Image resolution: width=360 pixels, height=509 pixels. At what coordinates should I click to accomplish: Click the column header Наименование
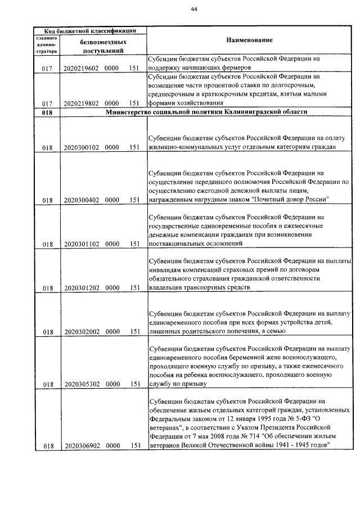click(249, 41)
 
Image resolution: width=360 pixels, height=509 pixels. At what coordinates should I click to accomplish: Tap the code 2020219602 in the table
click(82, 69)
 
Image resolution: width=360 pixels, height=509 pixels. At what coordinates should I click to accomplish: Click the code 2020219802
click(82, 103)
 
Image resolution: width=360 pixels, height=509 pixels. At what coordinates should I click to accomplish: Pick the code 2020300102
click(82, 148)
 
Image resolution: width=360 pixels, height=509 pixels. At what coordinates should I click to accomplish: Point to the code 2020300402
click(82, 200)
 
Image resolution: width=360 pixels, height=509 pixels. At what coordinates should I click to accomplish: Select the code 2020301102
click(82, 244)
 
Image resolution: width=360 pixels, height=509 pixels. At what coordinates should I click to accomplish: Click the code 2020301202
click(82, 287)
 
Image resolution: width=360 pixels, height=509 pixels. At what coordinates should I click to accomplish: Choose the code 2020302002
click(82, 332)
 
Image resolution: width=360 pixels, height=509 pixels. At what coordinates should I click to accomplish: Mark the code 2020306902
click(82, 446)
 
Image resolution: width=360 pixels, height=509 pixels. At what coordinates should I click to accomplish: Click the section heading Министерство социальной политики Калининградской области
click(206, 112)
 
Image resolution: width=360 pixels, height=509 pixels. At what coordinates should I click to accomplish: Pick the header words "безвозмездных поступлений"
click(102, 46)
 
